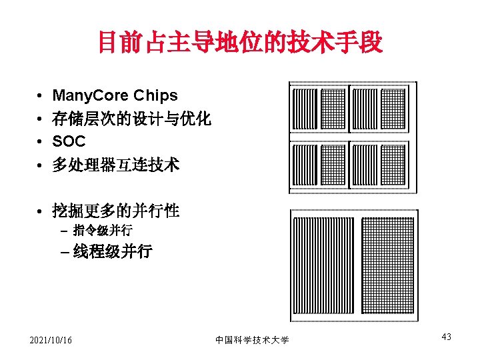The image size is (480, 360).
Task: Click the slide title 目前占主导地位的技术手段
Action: coord(240,43)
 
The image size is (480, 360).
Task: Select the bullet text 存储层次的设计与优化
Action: coord(131,119)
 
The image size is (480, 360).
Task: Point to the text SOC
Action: coord(69,141)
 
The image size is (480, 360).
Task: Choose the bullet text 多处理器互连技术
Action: coord(115,165)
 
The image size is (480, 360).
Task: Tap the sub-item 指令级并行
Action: coord(103,231)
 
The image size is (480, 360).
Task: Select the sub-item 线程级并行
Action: coord(113,251)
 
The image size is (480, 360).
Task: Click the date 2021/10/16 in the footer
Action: coord(51,341)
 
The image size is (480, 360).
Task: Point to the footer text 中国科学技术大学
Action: coord(252,340)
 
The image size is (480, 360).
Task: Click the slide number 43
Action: coord(446,337)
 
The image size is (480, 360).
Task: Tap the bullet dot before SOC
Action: coord(41,142)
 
